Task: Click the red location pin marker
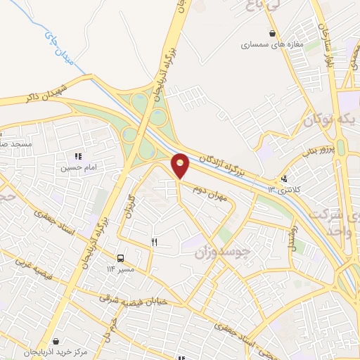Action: [x=181, y=165]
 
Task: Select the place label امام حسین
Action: [x=76, y=168]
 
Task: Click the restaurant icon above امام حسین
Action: [x=77, y=156]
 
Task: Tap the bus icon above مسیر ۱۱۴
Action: [x=121, y=258]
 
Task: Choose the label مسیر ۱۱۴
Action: [x=120, y=269]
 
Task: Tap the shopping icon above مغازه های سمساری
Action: [x=272, y=33]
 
